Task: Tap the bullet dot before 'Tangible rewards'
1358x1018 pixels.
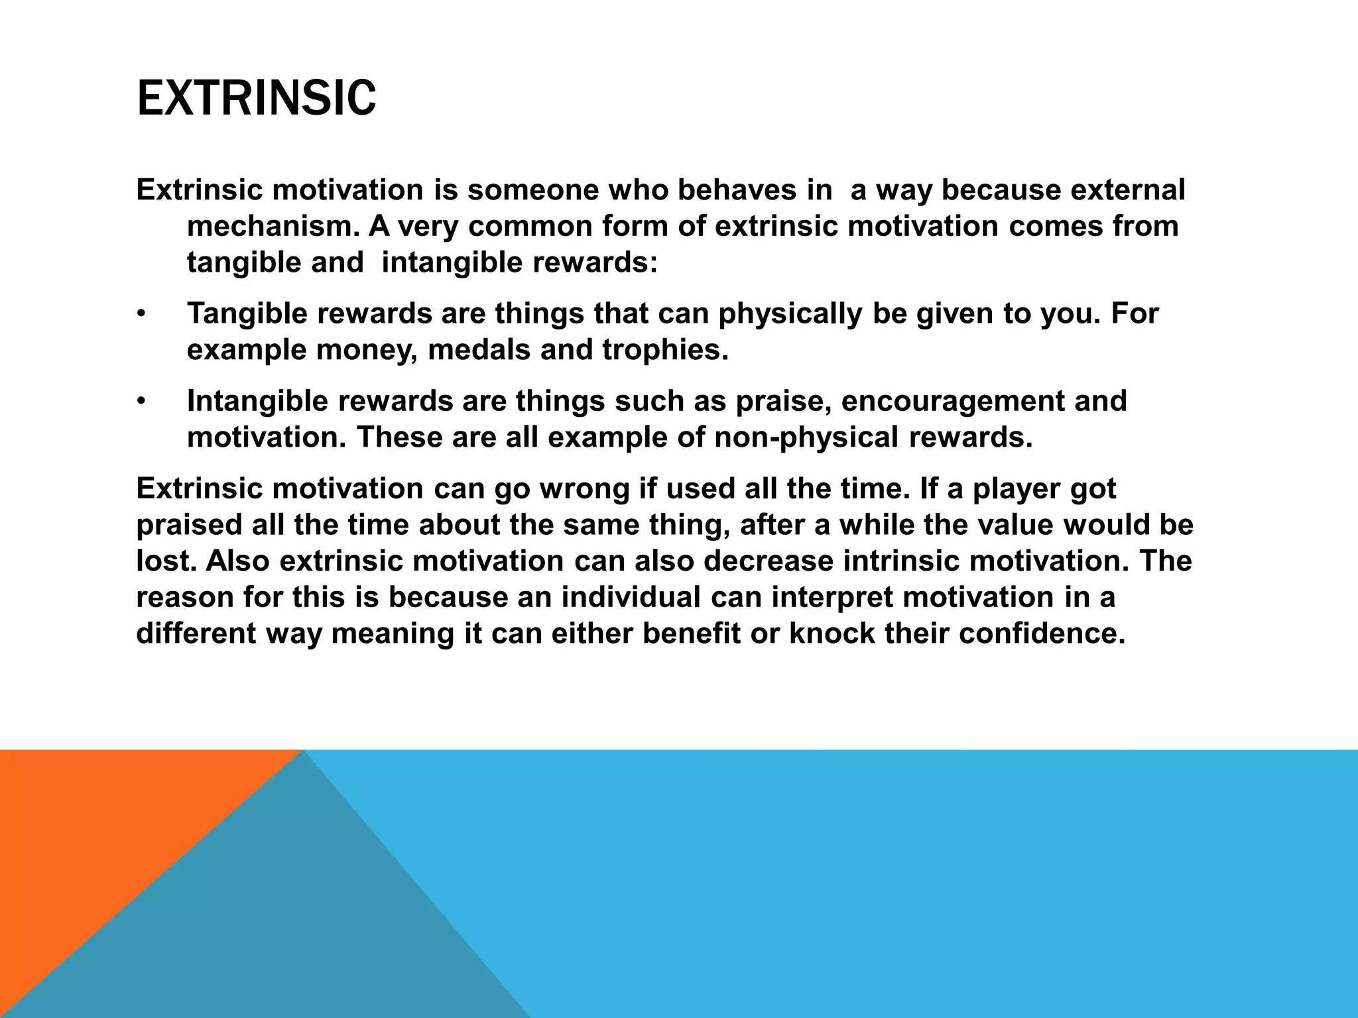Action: coord(141,314)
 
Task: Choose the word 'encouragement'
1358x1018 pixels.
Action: coord(952,401)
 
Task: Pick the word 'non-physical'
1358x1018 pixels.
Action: coord(801,437)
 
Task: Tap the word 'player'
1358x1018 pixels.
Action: coord(1020,489)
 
